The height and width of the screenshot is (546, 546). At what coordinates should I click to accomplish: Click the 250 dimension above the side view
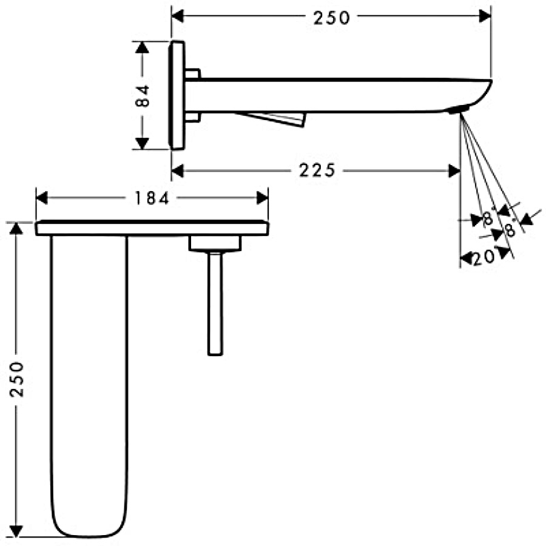[x=331, y=18]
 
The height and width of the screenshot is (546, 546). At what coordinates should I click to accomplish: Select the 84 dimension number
[x=143, y=96]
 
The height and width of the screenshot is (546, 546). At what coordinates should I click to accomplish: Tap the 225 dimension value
[x=317, y=170]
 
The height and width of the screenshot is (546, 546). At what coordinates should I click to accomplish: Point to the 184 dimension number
[x=152, y=198]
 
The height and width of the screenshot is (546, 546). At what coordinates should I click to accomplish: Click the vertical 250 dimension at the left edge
[x=16, y=379]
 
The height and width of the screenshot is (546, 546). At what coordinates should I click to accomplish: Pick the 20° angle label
[x=484, y=257]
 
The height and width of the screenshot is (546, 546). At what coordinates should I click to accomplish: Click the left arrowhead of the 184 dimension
[x=42, y=198]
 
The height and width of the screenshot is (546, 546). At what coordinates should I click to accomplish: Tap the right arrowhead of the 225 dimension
[x=454, y=170]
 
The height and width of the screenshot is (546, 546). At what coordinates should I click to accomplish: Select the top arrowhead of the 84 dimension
[x=142, y=47]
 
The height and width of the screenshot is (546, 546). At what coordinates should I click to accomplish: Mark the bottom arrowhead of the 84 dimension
[x=142, y=143]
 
